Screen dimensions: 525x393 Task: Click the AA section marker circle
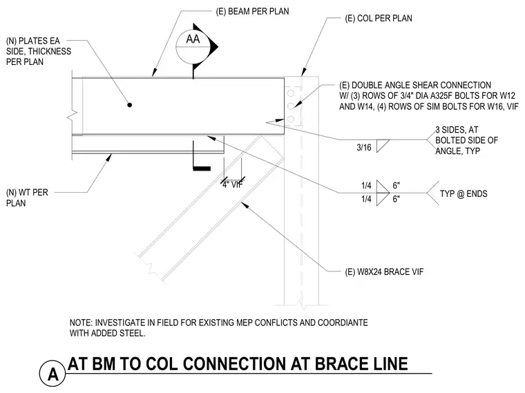coord(177,47)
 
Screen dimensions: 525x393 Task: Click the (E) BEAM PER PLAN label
coord(252,11)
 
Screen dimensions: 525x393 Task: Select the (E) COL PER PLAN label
coord(379,18)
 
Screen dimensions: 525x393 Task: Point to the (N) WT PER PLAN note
coord(27,198)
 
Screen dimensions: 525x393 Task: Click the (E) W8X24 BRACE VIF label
coord(384,272)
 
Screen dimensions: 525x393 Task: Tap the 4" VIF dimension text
coord(232,184)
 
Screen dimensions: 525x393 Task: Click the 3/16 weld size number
coord(364,147)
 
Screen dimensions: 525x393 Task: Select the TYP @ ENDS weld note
coord(464,194)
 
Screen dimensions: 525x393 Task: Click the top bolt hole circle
coord(291,93)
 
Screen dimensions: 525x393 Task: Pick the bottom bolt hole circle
coord(291,119)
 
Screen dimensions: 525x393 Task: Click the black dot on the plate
coord(130,105)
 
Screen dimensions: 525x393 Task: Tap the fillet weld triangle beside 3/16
coord(381,145)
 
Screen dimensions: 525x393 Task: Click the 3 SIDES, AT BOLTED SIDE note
coord(466,140)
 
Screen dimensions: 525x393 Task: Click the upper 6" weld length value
coord(397,185)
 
